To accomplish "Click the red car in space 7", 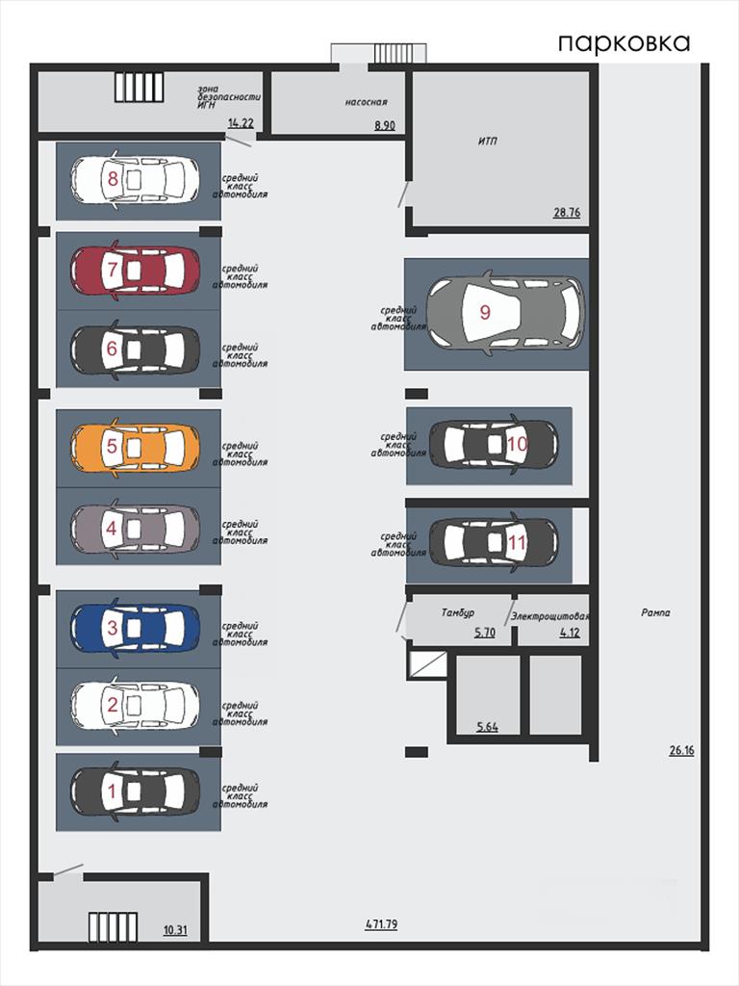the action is pyautogui.click(x=135, y=271).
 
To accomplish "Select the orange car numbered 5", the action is pyautogui.click(x=135, y=447).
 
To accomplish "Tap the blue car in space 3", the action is pyautogui.click(x=135, y=628).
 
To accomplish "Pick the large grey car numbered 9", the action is pyautogui.click(x=505, y=313).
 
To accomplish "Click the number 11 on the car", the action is pyautogui.click(x=517, y=542).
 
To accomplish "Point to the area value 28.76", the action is pyautogui.click(x=566, y=212).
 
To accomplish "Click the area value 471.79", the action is pyautogui.click(x=381, y=924).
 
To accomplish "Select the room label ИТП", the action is pyautogui.click(x=487, y=141).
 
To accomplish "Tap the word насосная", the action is pyautogui.click(x=367, y=102).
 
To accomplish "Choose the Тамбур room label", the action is pyautogui.click(x=457, y=611).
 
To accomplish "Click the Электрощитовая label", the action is pyautogui.click(x=549, y=616).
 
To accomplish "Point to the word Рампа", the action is pyautogui.click(x=655, y=612).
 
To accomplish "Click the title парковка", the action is pyautogui.click(x=624, y=42).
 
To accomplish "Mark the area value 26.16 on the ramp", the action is pyautogui.click(x=682, y=749).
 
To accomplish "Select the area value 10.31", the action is pyautogui.click(x=175, y=929).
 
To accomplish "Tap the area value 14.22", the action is pyautogui.click(x=241, y=123).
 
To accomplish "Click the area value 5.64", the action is pyautogui.click(x=487, y=727).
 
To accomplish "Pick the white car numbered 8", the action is pyautogui.click(x=135, y=180).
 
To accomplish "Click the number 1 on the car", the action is pyautogui.click(x=113, y=791).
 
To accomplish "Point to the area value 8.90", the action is pyautogui.click(x=385, y=125).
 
